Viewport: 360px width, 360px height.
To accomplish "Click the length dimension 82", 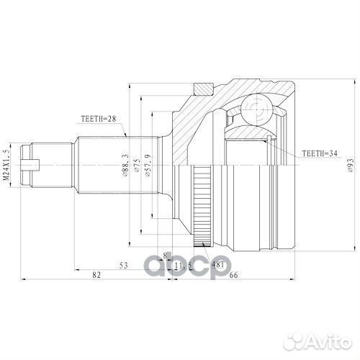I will click(x=96, y=274).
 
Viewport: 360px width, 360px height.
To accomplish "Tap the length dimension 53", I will click(x=124, y=266).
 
